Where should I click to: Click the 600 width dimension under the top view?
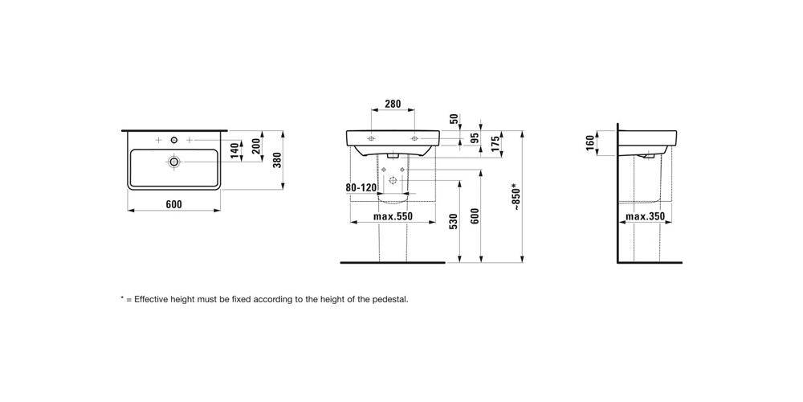coord(173,204)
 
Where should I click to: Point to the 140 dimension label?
coord(234,151)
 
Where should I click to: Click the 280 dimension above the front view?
coord(393,104)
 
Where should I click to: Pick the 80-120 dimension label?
coord(361,187)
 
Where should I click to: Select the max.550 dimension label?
coord(393,216)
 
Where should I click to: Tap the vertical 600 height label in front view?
coord(475,217)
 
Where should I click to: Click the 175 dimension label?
coord(495,142)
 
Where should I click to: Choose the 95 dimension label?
coord(475,137)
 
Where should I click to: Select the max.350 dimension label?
coord(646,216)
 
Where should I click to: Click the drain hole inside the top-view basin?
coord(174,162)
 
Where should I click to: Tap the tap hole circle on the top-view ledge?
coord(174,140)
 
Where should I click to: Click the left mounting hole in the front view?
coord(371,138)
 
